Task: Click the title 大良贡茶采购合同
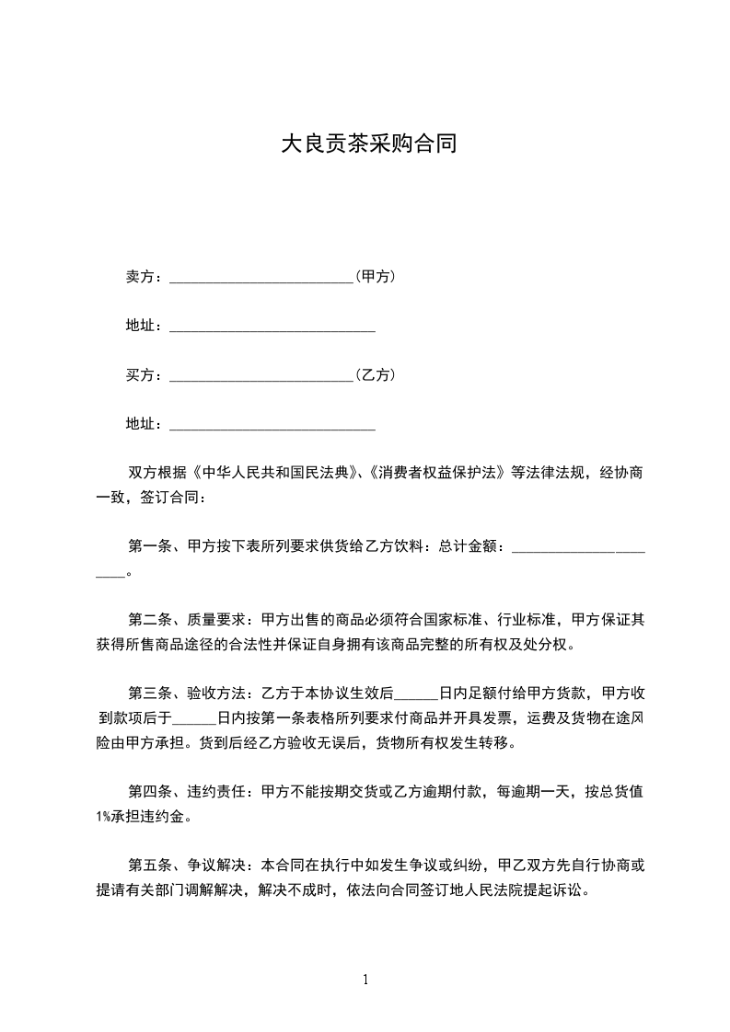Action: coord(368,144)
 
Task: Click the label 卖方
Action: coord(139,276)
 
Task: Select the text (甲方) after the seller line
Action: coord(376,276)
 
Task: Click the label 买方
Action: coord(139,374)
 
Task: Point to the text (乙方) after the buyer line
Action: coord(376,374)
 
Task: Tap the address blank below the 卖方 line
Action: coord(272,327)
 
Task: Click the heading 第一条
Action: coord(148,546)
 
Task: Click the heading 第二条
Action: coord(148,619)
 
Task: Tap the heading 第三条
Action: coord(148,693)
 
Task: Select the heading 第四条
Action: coord(148,790)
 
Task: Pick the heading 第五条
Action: coord(148,865)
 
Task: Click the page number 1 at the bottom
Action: coord(365,980)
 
